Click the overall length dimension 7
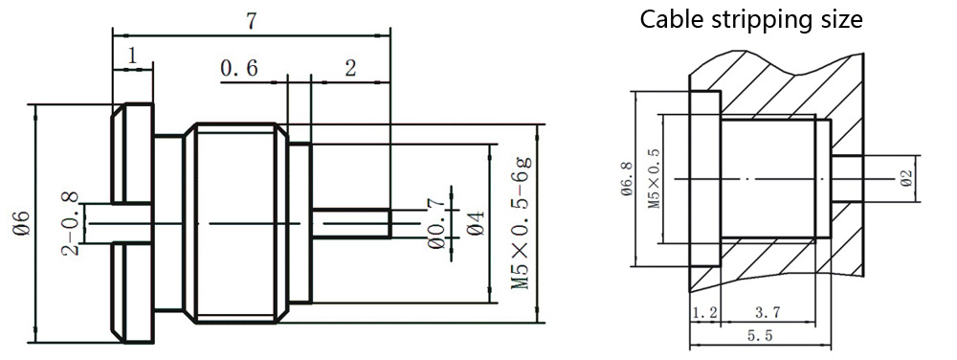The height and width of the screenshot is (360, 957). [251, 21]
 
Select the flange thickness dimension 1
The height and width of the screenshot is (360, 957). [132, 56]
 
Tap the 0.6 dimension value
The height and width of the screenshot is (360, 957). [239, 68]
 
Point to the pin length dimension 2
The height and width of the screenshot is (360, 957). [349, 68]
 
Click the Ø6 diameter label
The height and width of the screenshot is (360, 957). [21, 223]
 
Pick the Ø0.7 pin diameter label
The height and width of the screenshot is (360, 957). [435, 223]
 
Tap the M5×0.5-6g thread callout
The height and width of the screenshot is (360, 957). [521, 223]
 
